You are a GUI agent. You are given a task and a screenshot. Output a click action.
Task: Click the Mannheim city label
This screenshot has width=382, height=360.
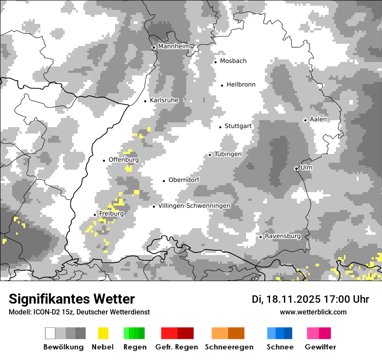click(x=174, y=46)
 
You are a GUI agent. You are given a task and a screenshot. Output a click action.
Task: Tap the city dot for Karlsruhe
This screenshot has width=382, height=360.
click(x=145, y=101)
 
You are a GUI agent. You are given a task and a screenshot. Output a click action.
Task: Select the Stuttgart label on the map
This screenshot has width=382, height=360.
click(x=238, y=126)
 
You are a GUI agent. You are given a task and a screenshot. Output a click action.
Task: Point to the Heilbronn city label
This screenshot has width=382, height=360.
click(x=241, y=85)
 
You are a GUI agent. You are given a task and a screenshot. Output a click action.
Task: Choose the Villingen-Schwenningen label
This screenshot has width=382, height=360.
click(x=194, y=206)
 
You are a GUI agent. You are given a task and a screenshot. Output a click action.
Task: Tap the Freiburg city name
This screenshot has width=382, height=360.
click(x=111, y=214)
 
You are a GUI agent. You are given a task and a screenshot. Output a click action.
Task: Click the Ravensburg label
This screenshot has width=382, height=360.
click(x=283, y=236)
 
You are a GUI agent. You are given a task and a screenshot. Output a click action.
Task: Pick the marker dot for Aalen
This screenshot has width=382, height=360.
click(x=305, y=120)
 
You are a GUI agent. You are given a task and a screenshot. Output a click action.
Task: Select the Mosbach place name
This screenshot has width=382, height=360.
click(x=233, y=61)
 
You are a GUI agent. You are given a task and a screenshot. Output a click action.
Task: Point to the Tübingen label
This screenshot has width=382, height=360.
click(x=228, y=154)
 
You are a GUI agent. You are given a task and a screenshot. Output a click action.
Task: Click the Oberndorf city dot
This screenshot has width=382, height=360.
click(x=164, y=181)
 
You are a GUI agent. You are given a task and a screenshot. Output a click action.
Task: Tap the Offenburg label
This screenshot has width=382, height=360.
click(x=124, y=160)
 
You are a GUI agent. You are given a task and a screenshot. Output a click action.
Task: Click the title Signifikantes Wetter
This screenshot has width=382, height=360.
click(x=72, y=299)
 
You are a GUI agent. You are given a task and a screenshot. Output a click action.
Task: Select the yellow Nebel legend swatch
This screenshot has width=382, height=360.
click(x=103, y=333)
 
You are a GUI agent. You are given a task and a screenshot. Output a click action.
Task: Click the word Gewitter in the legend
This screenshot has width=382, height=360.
click(x=320, y=347)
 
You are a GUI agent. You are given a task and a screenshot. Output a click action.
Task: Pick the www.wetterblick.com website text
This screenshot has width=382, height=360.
click(x=313, y=312)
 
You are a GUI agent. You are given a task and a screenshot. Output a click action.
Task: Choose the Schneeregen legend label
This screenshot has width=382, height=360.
click(x=229, y=347)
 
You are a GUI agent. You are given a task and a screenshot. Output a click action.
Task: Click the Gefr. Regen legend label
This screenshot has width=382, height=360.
click(x=176, y=347)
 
